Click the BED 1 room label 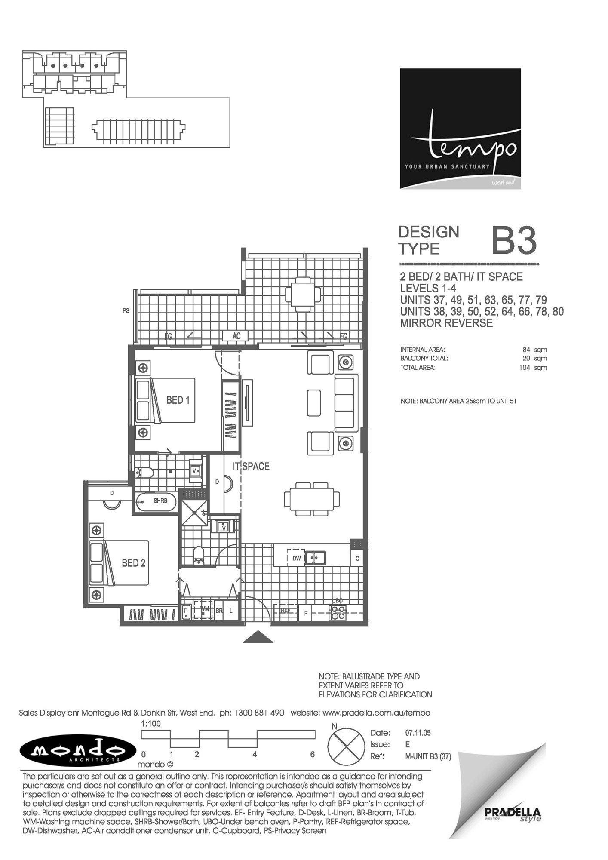178,400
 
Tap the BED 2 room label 134,563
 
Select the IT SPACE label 251,466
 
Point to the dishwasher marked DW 296,558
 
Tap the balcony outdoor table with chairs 303,295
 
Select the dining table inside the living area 312,499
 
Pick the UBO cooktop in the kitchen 338,612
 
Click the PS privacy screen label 126,310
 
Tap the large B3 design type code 514,241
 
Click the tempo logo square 461,129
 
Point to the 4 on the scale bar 255,754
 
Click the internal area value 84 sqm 534,350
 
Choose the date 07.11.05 418,733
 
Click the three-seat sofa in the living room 346,403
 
